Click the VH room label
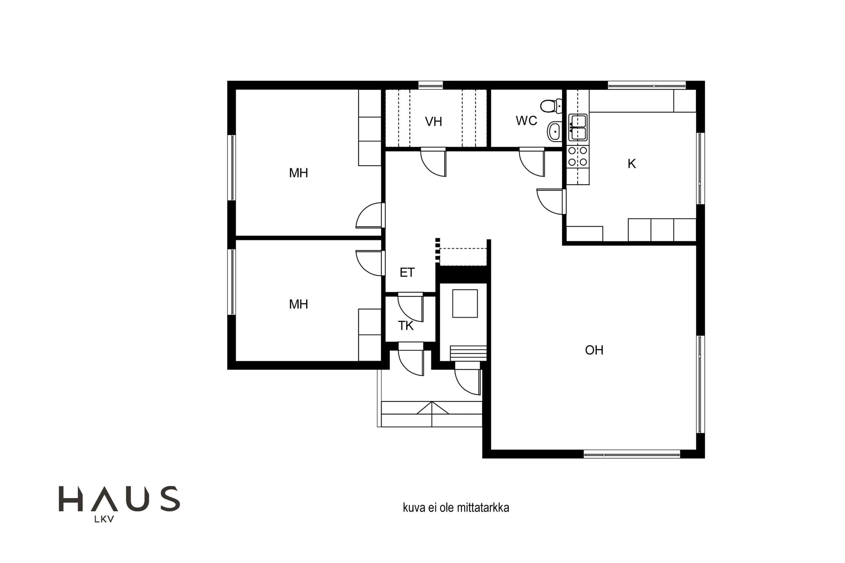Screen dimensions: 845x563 (433, 122)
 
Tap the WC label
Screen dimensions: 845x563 (526, 121)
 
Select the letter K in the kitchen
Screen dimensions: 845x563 (631, 164)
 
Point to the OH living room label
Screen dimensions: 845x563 (594, 350)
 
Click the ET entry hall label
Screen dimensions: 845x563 (407, 272)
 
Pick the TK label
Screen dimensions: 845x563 (406, 326)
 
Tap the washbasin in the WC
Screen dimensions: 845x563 (555, 131)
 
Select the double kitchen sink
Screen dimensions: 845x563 (578, 128)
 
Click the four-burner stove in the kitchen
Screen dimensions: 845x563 (578, 156)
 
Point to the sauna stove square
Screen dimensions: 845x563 (465, 303)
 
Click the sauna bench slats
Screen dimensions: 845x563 (468, 353)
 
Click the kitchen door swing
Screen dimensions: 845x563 (550, 202)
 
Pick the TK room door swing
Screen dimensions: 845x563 (410, 307)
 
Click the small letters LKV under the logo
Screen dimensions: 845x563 (104, 519)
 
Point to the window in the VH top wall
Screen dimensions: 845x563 (430, 85)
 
